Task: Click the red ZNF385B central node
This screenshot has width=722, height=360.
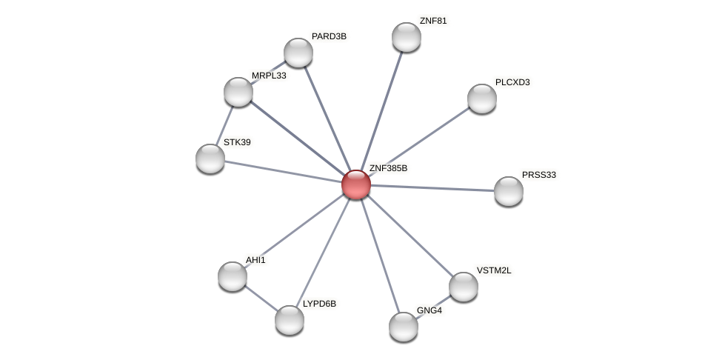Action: (x=356, y=184)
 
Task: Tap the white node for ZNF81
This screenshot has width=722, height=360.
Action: (x=406, y=37)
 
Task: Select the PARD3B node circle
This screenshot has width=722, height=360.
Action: (x=298, y=53)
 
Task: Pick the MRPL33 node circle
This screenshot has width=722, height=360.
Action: (x=238, y=92)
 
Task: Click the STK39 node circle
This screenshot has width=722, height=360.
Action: (x=210, y=159)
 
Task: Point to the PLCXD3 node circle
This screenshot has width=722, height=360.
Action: (x=482, y=99)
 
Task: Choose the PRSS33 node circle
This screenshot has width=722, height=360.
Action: (x=509, y=191)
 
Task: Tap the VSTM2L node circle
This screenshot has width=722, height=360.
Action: (x=464, y=287)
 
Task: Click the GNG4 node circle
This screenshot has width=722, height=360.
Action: (x=404, y=326)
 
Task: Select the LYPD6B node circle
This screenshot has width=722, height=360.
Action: (x=290, y=320)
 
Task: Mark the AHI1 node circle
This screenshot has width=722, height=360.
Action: (x=233, y=276)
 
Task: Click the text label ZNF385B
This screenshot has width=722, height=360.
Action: (x=388, y=169)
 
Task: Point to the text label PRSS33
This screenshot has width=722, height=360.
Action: (x=538, y=176)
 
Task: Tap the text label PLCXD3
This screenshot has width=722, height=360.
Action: (x=512, y=82)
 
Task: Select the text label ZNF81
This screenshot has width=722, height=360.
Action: (x=433, y=21)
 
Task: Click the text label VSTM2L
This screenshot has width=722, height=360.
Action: (x=494, y=270)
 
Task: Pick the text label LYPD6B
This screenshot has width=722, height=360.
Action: (x=319, y=304)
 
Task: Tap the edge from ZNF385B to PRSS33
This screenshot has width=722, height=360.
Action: (x=432, y=188)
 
